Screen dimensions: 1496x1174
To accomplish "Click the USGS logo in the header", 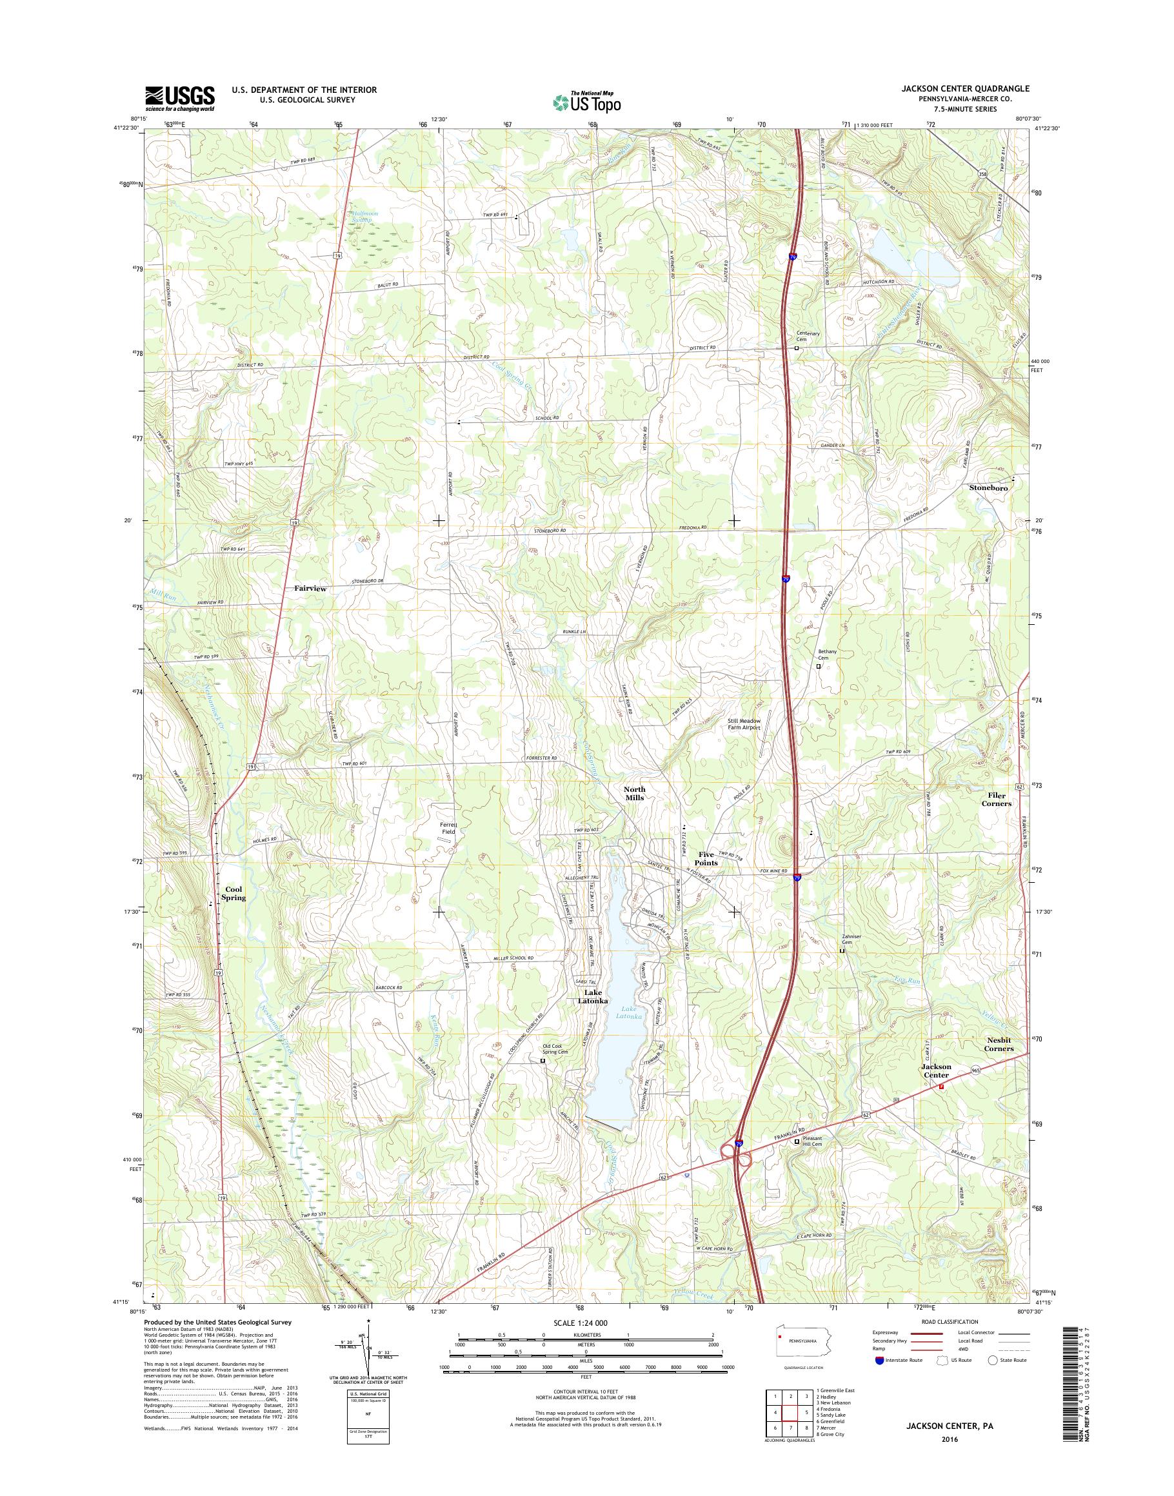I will click(179, 99).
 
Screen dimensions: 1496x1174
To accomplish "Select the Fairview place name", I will click(310, 589).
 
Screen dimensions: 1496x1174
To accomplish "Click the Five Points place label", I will click(706, 858).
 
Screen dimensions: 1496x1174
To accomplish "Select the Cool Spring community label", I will click(234, 893).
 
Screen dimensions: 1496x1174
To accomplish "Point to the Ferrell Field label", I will click(449, 828).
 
